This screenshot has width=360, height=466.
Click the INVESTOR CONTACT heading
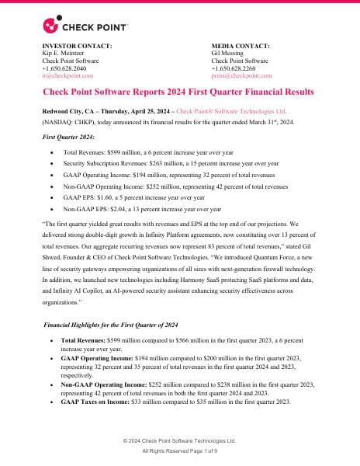coord(76,46)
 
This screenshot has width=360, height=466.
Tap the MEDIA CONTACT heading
coord(241,46)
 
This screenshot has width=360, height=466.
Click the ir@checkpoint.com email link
coord(67,76)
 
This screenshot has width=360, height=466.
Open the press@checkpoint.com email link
coord(246,76)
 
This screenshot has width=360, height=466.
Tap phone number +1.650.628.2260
coord(237,68)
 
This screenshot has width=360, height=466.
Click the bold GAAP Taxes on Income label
coord(99,401)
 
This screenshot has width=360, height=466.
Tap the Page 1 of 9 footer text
coord(201,450)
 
